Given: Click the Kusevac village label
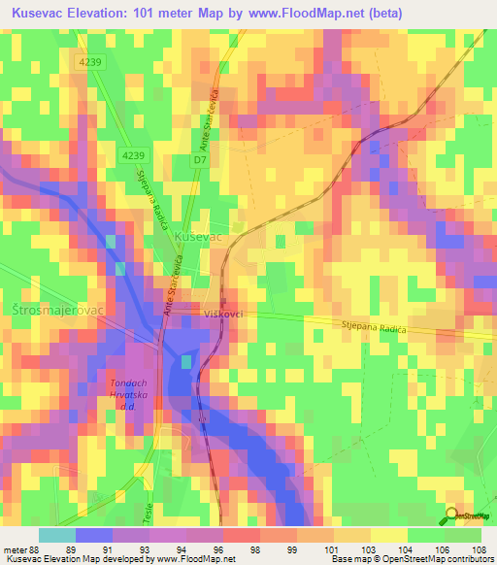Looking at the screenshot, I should click(x=198, y=237).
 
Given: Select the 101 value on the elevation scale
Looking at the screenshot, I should click(x=333, y=548).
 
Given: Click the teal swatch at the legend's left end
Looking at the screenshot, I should click(x=56, y=535).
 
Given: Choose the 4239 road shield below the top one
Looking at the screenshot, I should click(x=135, y=155).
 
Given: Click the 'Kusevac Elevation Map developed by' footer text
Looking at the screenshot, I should click(x=78, y=558).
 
